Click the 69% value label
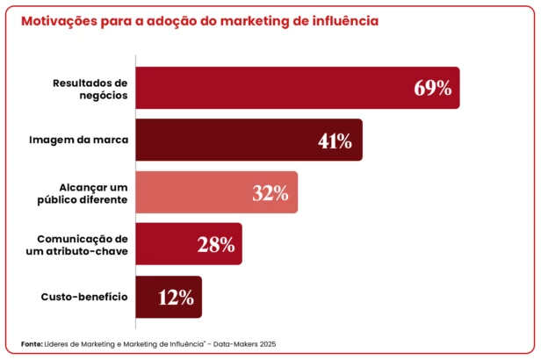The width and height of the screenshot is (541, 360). point(432,88)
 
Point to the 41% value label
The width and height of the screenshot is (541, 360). point(335,140)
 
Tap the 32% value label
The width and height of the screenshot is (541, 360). point(270,193)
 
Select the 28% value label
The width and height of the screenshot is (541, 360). point(215,245)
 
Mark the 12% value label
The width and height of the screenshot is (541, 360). point(176,298)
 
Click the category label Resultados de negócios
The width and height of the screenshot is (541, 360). point(90,88)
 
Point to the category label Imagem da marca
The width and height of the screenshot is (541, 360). point(79,140)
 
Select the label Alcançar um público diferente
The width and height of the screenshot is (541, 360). point(83,192)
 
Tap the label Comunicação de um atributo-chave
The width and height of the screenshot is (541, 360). point(83,245)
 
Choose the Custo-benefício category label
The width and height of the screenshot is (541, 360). point(84,297)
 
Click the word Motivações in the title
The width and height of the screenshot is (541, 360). point(58,19)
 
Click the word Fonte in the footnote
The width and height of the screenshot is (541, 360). point(31,343)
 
